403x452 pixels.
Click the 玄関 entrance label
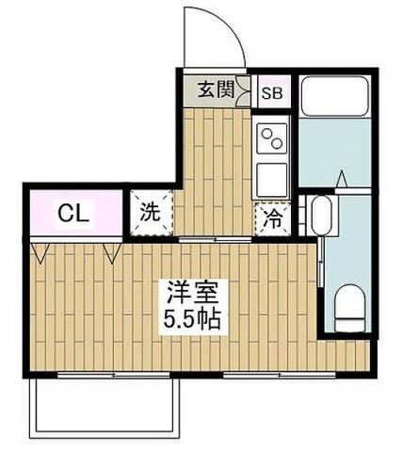[216, 91]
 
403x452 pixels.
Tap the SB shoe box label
[271, 92]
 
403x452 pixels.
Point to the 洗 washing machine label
[151, 212]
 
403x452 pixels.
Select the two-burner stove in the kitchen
[272, 137]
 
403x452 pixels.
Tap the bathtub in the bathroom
[334, 96]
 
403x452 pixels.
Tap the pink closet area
[75, 214]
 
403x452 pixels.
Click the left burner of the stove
[266, 132]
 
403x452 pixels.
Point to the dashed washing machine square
[152, 211]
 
